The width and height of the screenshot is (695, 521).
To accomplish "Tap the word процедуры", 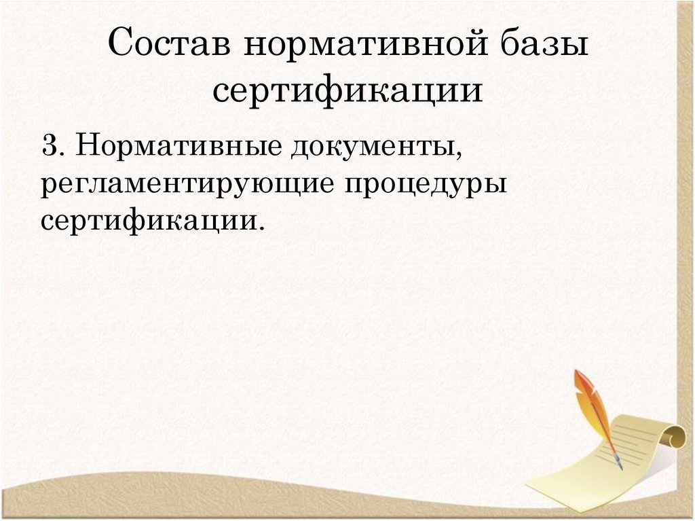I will point(426,184).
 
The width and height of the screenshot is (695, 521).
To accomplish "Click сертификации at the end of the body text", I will point(148,221).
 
